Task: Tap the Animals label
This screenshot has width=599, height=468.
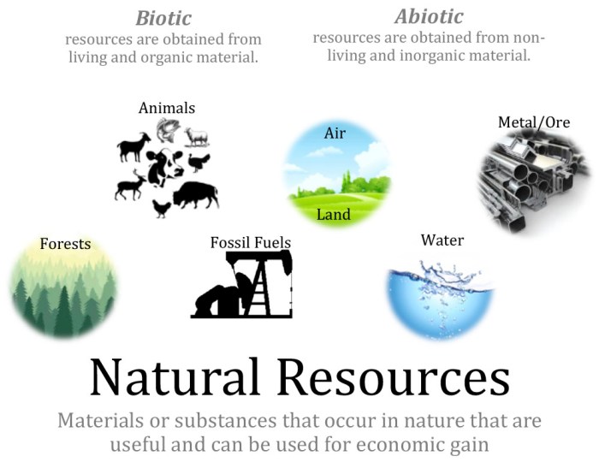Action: coord(167,108)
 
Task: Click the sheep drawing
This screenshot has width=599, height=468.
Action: coord(196,137)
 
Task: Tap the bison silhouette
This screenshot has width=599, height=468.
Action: coord(196,196)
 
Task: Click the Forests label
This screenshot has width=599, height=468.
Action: coord(65,244)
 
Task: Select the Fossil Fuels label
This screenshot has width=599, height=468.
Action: coord(251,243)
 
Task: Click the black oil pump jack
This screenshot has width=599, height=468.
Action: coord(245,287)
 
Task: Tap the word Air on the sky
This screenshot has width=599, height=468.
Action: coord(335,133)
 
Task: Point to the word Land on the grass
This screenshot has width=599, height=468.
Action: coord(334,214)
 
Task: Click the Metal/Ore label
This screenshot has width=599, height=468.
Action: coord(534,122)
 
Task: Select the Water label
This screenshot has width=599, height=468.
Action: coord(442,240)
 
